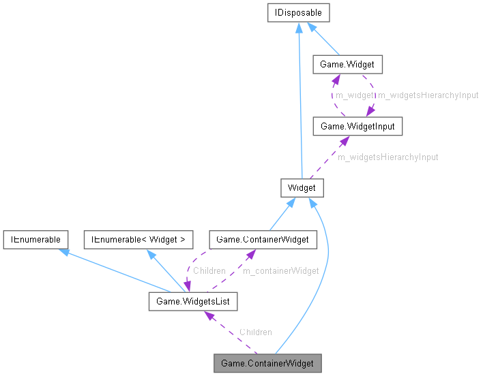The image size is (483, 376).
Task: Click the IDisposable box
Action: click(x=299, y=12)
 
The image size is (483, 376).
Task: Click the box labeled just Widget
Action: click(x=301, y=187)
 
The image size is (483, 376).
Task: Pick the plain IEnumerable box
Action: click(x=35, y=239)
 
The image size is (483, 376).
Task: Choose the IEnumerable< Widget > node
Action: click(x=138, y=239)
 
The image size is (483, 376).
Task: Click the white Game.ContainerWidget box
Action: click(x=262, y=239)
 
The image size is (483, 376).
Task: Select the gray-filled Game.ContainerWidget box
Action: click(x=267, y=363)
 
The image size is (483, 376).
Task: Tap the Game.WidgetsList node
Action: click(x=192, y=300)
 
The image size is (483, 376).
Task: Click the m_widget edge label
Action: click(x=353, y=95)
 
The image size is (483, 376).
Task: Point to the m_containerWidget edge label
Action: click(x=281, y=270)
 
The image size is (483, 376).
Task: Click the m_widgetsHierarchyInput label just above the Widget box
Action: click(x=387, y=157)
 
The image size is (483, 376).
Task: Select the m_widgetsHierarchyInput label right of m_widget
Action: click(x=428, y=95)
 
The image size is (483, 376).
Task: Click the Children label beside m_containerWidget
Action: click(x=209, y=270)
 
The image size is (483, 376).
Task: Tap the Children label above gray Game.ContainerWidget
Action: click(x=255, y=332)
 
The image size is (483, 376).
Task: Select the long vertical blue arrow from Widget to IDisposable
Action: click(x=299, y=102)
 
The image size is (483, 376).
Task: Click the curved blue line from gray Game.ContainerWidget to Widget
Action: click(x=325, y=266)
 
